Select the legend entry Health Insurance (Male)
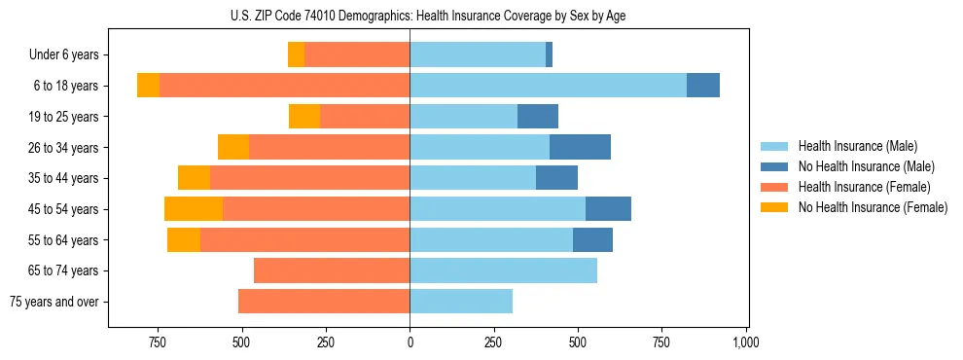point(856,146)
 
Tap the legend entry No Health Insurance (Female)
point(873,207)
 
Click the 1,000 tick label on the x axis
point(745,342)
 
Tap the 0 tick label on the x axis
point(410,342)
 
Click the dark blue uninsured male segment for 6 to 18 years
point(703,86)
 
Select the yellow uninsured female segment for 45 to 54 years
point(194,209)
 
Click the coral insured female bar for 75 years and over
point(324,302)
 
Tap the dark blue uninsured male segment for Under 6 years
point(550,55)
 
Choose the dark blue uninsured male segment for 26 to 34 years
point(580,147)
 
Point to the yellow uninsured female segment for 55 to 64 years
point(184,239)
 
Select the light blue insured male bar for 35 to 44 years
point(473,178)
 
